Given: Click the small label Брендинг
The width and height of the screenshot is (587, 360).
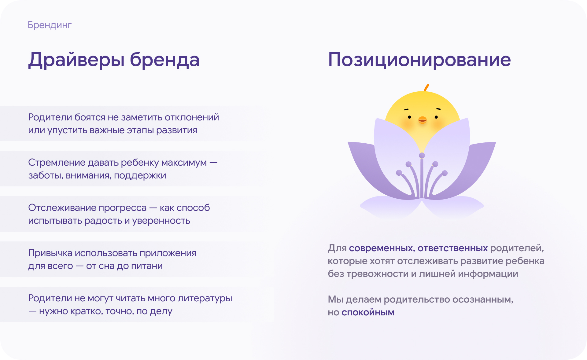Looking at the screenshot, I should click(x=50, y=25).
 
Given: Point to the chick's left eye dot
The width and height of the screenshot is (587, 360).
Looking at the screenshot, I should click(x=409, y=117).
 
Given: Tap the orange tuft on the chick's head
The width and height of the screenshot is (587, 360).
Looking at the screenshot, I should click(x=426, y=87).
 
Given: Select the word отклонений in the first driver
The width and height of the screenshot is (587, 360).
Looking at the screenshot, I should click(x=192, y=117).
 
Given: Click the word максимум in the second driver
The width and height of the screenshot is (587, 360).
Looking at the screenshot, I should click(x=184, y=163).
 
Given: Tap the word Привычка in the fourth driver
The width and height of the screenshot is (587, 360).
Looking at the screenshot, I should click(x=50, y=253).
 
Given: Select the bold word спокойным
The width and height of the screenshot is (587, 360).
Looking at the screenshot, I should click(x=368, y=312).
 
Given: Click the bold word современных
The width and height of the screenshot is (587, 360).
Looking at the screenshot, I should click(x=382, y=248).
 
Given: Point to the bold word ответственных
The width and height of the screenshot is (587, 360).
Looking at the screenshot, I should click(x=452, y=248).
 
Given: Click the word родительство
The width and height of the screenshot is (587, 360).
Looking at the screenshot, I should click(x=417, y=299).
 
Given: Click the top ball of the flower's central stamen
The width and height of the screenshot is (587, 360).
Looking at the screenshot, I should click(x=422, y=156).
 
